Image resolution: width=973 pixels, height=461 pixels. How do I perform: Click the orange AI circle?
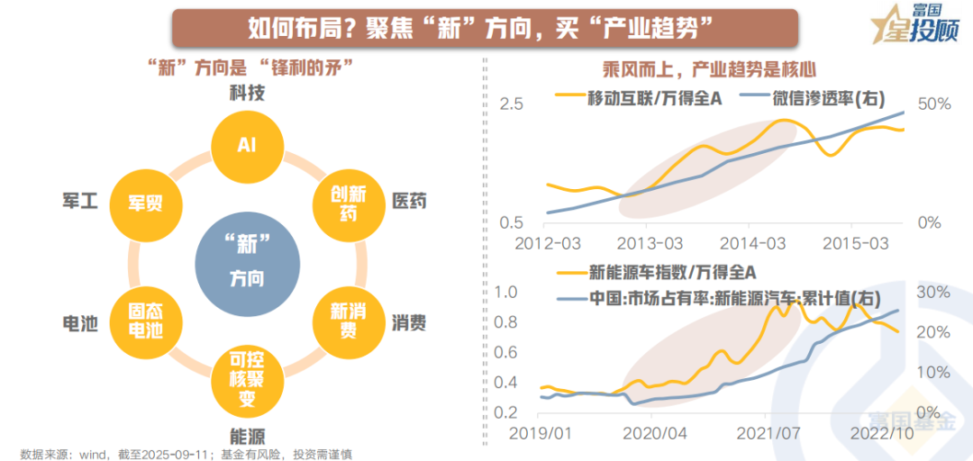[x=246, y=145]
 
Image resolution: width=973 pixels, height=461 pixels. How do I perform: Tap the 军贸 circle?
[x=145, y=202]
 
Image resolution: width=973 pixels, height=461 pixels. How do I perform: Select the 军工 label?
[x=79, y=201]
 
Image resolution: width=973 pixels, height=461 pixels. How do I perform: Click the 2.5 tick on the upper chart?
[x=511, y=104]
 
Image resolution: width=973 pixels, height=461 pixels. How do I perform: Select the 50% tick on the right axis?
[x=933, y=104]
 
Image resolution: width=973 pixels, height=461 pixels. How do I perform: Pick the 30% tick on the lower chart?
[x=933, y=292]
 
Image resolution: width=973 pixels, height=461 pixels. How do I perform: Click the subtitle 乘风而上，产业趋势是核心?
[x=709, y=68]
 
